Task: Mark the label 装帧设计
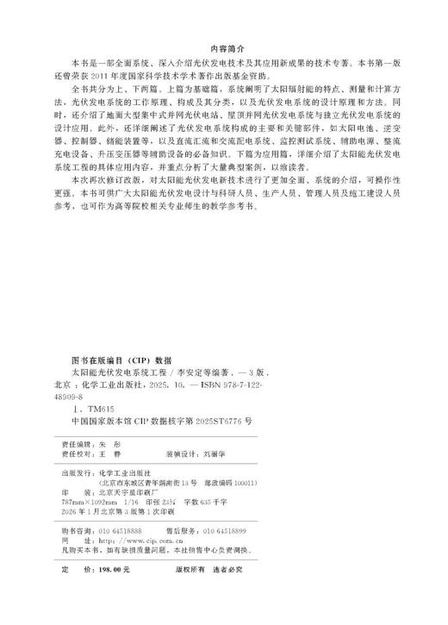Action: (202, 449)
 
